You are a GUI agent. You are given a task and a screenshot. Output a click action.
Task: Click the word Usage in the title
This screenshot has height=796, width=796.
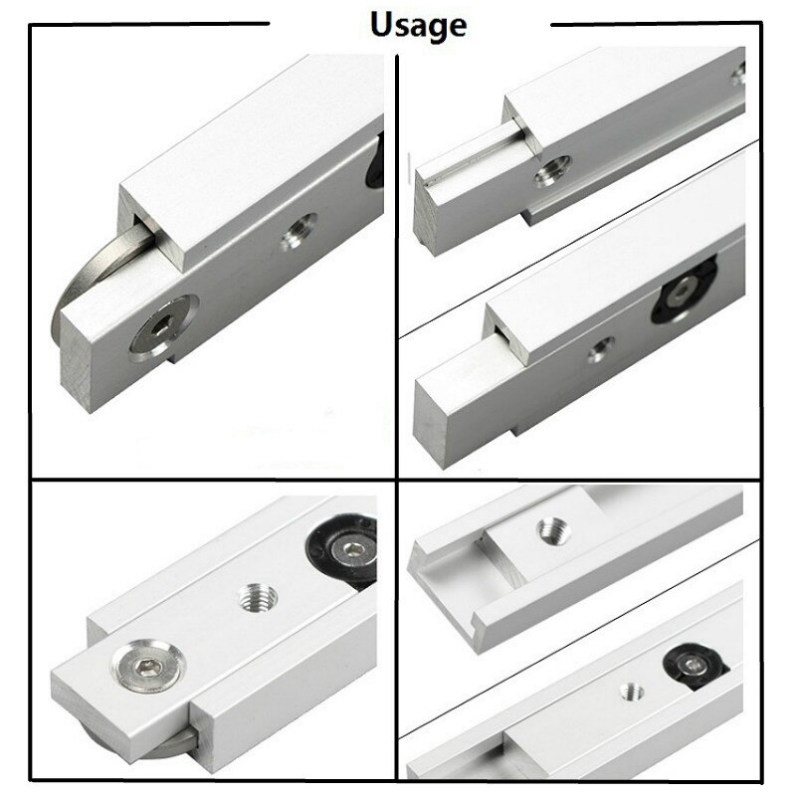point(418,24)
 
